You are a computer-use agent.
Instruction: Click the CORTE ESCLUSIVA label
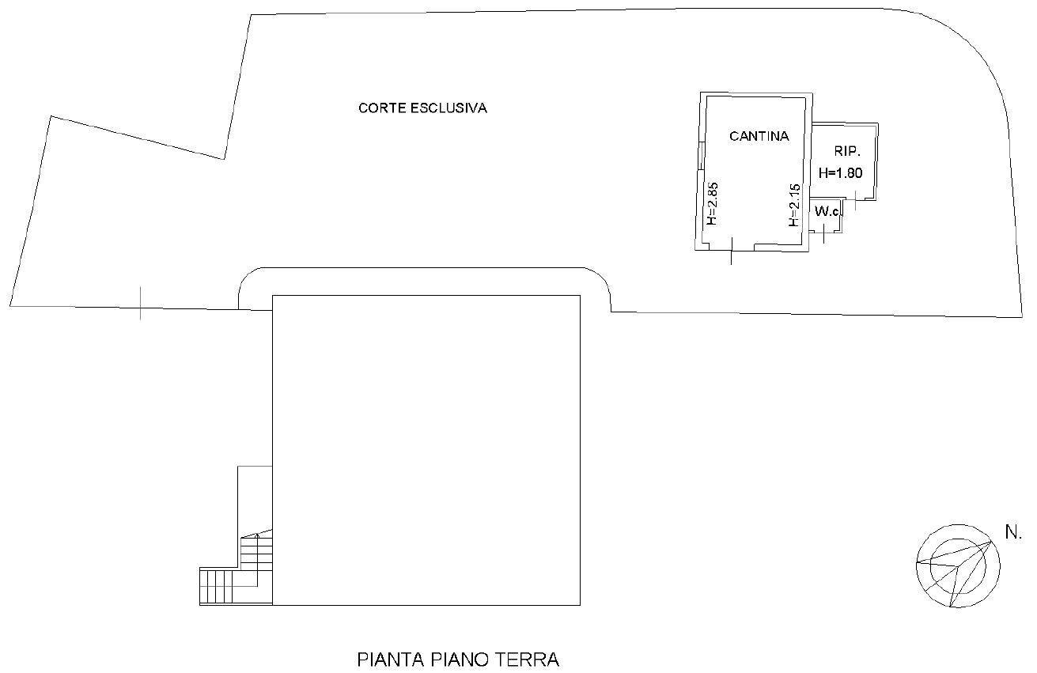pos(422,108)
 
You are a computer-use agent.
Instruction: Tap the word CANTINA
pos(759,136)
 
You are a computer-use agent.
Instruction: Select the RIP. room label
pos(847,151)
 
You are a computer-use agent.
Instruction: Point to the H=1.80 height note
pos(841,173)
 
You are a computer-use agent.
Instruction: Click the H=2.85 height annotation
pos(712,204)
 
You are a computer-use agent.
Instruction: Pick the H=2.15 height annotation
pos(794,205)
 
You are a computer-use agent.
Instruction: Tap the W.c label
pos(827,211)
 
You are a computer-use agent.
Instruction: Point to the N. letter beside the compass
pos(1014,533)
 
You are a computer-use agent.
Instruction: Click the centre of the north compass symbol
pos(958,565)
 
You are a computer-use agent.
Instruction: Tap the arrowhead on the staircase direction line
pos(257,535)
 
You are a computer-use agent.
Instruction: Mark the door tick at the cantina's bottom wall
pos(732,251)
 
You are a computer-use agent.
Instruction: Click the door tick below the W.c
pos(824,233)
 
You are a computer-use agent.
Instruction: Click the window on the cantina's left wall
pos(702,156)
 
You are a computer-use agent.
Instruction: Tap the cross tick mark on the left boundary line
pos(141,303)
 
